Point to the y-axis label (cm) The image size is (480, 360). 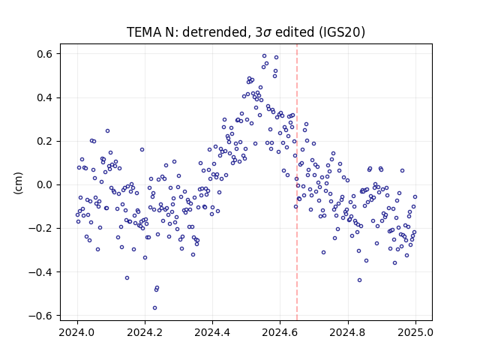coord(18,183)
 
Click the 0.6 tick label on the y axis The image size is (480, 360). coord(45,54)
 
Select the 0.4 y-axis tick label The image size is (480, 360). coord(45,98)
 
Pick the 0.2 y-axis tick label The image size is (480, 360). coord(45,142)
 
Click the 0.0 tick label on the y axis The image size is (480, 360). coord(45,185)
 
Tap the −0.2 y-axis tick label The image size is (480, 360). coord(40,228)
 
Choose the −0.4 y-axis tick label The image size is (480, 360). coord(40,272)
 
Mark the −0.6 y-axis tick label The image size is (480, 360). coord(40,316)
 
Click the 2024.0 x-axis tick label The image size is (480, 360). coord(77,332)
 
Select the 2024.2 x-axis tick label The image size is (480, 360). coord(145,332)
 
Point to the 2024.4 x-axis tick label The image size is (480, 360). coord(212,332)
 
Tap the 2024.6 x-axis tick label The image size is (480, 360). coord(280,332)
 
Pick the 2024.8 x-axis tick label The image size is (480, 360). coord(348,332)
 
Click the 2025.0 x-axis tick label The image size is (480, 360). coord(415,332)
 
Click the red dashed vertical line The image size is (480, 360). coord(297,182)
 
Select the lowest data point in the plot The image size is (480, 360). coord(155,308)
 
